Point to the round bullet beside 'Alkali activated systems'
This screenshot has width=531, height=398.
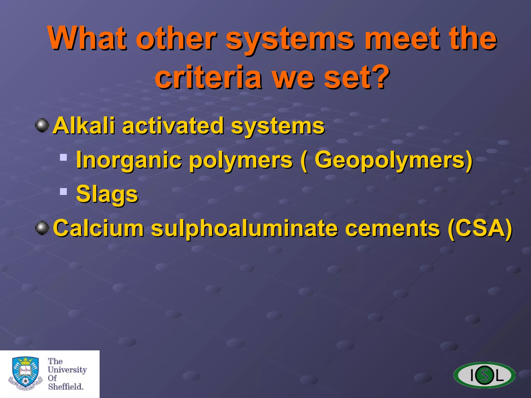tap(42, 125)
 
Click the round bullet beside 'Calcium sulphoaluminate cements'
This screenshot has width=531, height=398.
tap(42, 228)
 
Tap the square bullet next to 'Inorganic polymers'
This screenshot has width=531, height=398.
tap(63, 157)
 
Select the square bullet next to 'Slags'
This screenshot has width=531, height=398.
tap(63, 191)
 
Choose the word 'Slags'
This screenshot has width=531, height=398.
tap(107, 194)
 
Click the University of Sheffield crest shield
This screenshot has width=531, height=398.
tap(25, 372)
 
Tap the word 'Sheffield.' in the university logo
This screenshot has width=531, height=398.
tap(66, 387)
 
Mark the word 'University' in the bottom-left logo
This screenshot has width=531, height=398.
tap(67, 369)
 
